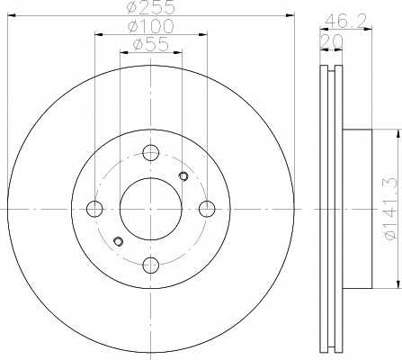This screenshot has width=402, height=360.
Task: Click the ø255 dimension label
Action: [x=150, y=7]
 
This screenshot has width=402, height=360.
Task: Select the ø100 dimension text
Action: [x=151, y=26]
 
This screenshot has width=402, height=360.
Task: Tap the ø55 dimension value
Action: [x=151, y=45]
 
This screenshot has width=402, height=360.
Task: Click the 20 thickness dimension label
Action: [x=331, y=40]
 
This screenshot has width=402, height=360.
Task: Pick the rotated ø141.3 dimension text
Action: [x=390, y=209]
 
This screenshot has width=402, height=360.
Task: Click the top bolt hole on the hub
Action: [x=150, y=153]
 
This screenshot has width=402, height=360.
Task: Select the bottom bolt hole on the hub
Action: [x=150, y=265]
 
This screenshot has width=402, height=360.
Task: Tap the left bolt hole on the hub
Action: [x=94, y=209]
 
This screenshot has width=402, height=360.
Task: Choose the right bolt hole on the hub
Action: [x=207, y=209]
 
